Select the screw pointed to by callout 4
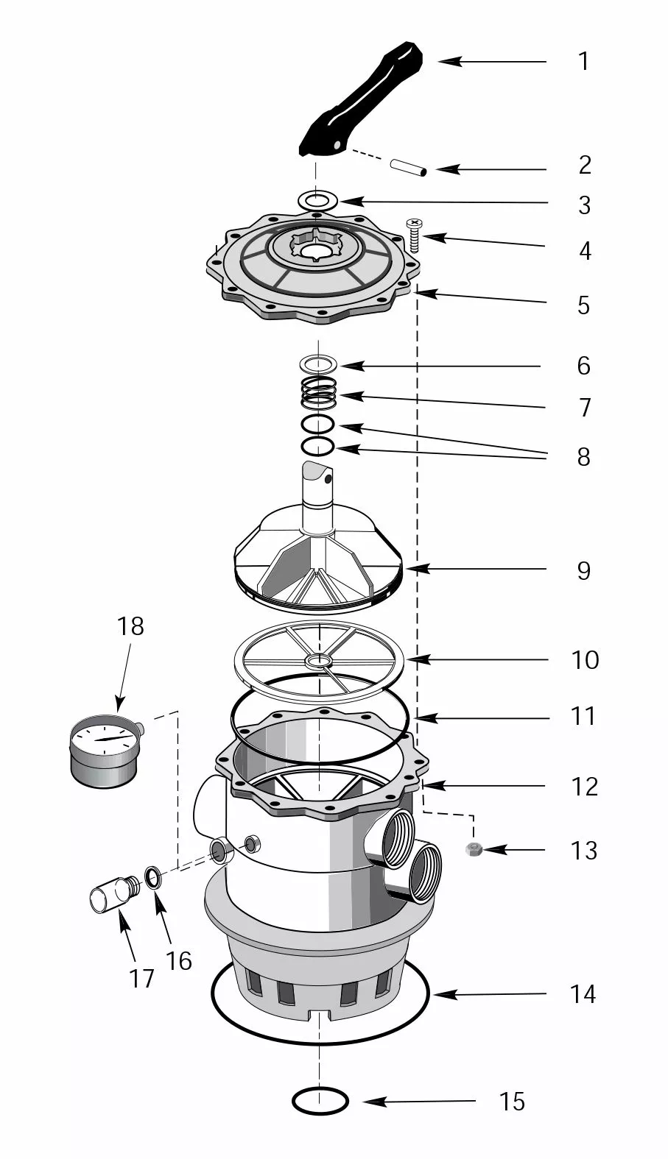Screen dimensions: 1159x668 (x=413, y=235)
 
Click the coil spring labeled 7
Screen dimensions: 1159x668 (x=319, y=394)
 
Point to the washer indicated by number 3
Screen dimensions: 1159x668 (x=318, y=199)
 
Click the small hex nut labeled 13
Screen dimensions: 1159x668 (x=474, y=850)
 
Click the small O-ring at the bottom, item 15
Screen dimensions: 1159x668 (x=320, y=1101)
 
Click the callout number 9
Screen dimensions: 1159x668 (x=583, y=570)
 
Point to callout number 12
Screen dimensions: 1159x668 (x=584, y=787)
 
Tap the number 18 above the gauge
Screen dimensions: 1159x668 (x=130, y=626)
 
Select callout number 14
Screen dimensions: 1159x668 (x=583, y=994)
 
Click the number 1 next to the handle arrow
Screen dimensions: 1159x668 (x=583, y=61)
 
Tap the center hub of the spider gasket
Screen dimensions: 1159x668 (x=320, y=661)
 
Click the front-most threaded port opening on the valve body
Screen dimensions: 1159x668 (x=423, y=872)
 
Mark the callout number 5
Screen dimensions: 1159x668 (x=583, y=305)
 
